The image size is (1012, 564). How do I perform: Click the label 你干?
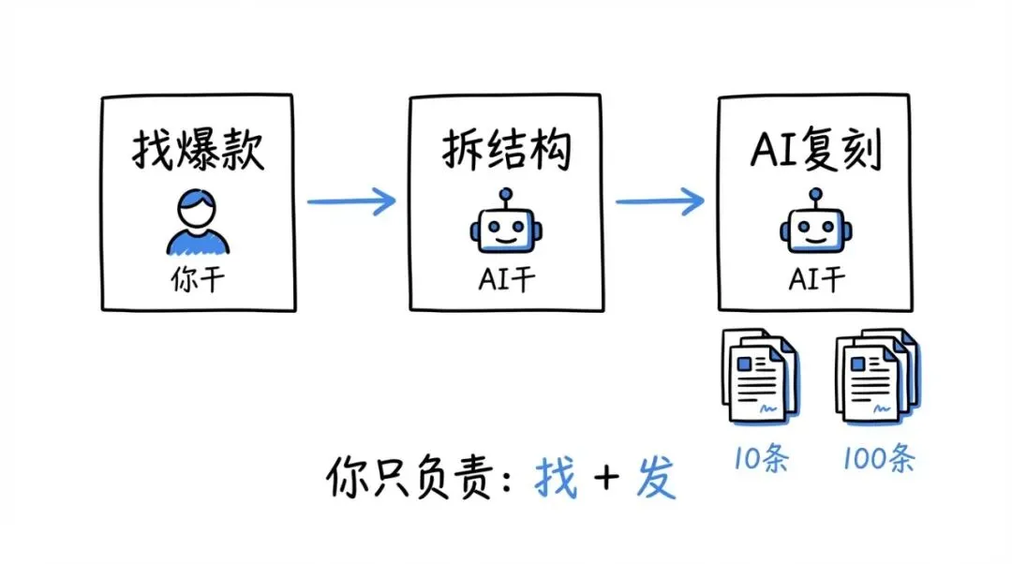click(198, 279)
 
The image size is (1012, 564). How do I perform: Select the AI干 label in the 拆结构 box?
click(506, 279)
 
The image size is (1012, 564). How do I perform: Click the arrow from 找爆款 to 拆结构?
click(351, 200)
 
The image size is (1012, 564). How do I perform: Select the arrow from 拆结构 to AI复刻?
click(660, 200)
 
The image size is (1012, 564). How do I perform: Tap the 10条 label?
click(760, 460)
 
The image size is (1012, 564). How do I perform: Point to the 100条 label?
click(878, 460)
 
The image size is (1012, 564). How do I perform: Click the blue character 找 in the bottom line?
click(556, 480)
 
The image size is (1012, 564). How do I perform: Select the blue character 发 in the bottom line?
click(655, 480)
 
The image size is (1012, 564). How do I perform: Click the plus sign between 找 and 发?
click(606, 480)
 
